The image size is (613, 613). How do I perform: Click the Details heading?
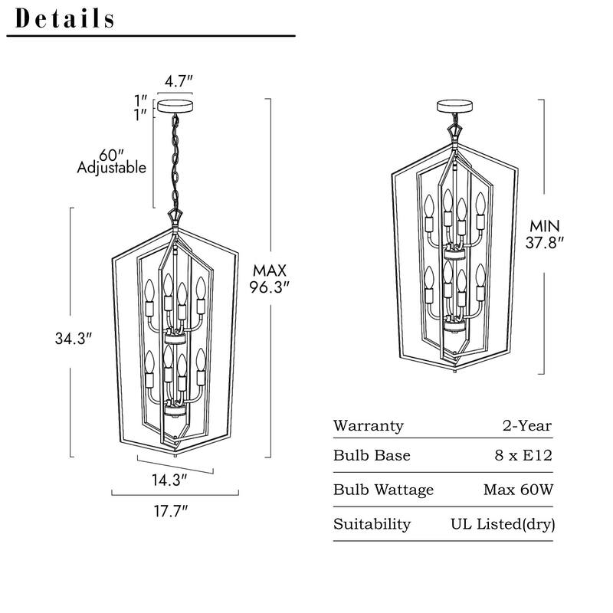[64, 18]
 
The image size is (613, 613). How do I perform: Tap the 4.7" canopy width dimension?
[179, 81]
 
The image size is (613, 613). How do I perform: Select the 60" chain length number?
[111, 156]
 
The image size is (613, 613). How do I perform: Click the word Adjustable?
[111, 168]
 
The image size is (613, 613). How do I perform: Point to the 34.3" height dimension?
[74, 339]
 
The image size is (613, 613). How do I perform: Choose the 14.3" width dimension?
[169, 480]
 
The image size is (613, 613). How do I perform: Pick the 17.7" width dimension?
[171, 510]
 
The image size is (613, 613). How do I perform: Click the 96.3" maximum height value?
[270, 287]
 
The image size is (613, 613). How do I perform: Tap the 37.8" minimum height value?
[545, 243]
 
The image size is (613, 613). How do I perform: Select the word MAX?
[270, 270]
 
